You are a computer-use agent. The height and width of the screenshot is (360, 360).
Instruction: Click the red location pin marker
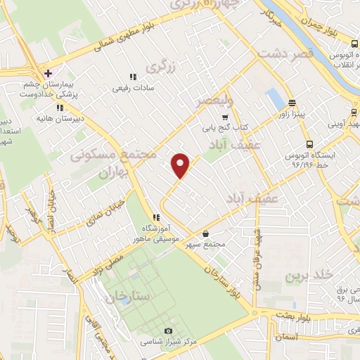pyautogui.click(x=181, y=166)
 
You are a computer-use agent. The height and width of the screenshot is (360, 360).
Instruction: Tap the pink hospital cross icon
pyautogui.click(x=48, y=74)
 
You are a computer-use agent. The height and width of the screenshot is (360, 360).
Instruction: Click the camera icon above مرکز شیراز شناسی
pyautogui.click(x=167, y=331)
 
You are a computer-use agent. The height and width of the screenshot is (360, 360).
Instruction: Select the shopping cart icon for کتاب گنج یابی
pyautogui.click(x=225, y=117)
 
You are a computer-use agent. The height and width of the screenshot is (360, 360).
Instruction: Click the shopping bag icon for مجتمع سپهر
pyautogui.click(x=205, y=234)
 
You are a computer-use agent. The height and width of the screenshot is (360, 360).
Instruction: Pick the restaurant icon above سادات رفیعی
pyautogui.click(x=131, y=78)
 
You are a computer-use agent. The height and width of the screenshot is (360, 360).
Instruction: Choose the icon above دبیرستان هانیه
pyautogui.click(x=60, y=108)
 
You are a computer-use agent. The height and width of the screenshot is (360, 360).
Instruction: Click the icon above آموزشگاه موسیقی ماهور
pyautogui.click(x=155, y=217)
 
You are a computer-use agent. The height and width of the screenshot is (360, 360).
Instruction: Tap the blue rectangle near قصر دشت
pyautogui.click(x=272, y=98)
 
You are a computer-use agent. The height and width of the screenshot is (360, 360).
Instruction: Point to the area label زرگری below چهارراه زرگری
pyautogui.click(x=160, y=67)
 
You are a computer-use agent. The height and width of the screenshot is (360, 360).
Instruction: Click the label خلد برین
pyautogui.click(x=305, y=276)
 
